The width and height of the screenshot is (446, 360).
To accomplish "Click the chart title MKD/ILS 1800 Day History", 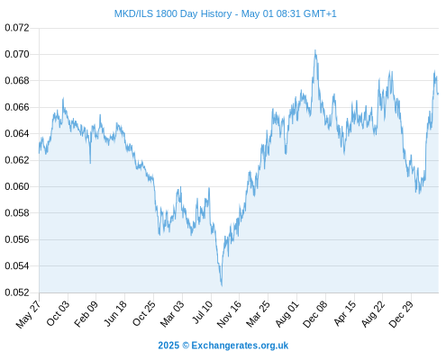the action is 173,13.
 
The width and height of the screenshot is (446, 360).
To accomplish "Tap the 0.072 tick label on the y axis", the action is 17,28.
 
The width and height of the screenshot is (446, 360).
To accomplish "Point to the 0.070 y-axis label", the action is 17,54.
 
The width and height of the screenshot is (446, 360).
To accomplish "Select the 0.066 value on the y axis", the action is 17,107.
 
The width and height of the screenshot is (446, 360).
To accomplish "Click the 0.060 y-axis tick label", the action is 17,186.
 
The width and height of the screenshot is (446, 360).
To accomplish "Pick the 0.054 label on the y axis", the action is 17,265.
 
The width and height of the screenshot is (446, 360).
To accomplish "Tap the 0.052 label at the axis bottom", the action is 17,292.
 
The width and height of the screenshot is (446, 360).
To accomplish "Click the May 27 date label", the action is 28,314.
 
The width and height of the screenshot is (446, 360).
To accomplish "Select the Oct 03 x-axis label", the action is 58,313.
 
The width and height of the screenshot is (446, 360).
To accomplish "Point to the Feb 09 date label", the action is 86,314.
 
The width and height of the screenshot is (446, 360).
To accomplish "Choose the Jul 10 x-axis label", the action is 202,312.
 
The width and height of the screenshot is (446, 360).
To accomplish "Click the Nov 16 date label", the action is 229,314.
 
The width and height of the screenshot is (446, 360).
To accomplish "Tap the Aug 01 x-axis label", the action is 287,314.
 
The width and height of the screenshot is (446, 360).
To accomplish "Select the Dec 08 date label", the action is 315,314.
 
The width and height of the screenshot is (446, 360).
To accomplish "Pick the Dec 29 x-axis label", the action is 401,314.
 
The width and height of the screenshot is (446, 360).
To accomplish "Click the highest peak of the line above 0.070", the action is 315,50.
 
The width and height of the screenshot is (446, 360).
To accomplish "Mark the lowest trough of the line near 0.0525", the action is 222,286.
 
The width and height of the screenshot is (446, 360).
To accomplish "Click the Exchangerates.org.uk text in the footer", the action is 240,346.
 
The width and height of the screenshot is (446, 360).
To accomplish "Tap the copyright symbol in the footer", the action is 186,346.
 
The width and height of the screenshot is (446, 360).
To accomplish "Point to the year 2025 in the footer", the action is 168,346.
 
